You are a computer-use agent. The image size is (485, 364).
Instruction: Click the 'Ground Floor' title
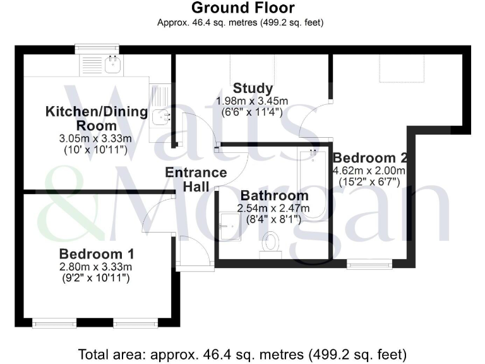(x=242, y=8)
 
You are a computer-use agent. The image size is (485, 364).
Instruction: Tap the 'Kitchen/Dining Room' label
(x=97, y=119)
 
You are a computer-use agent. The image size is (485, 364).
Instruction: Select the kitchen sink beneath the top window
(x=114, y=64)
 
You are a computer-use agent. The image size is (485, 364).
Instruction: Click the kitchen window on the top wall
(x=97, y=48)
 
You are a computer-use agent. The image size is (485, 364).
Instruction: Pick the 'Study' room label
(x=253, y=88)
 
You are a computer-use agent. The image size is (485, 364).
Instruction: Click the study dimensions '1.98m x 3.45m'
(x=252, y=101)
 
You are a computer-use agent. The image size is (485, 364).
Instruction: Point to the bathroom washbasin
(x=231, y=222)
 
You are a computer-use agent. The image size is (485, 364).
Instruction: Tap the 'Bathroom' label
(x=274, y=196)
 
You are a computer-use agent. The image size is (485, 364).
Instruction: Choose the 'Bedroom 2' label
(x=369, y=158)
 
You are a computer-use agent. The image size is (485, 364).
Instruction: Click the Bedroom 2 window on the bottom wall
(x=369, y=264)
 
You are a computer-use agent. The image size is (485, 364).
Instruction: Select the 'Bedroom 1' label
(x=97, y=254)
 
